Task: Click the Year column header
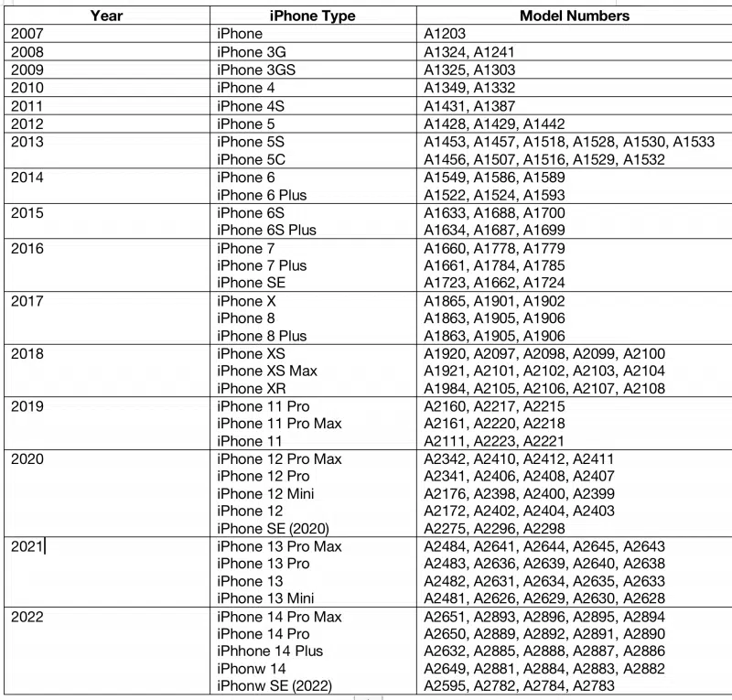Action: [107, 16]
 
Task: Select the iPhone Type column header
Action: [313, 16]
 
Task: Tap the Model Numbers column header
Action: [574, 16]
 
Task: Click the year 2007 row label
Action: [27, 34]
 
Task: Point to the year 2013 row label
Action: [27, 142]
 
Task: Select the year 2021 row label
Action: [27, 547]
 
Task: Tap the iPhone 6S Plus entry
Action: [266, 231]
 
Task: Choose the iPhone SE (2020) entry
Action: [273, 528]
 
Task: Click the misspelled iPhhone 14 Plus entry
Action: [270, 652]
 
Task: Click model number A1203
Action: [445, 34]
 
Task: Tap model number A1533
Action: [693, 142]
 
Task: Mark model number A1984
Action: [445, 388]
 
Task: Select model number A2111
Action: [445, 441]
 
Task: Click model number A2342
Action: [445, 458]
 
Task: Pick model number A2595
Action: [445, 686]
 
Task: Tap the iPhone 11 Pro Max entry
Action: [279, 424]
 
